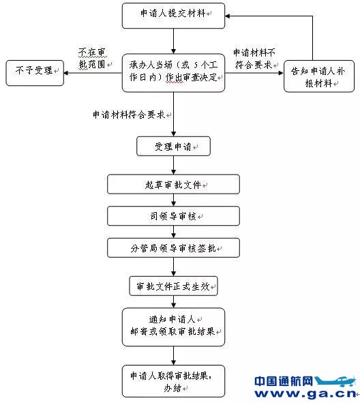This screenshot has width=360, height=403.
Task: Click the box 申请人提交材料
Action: point(173,16)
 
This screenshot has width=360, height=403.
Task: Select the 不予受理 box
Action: point(35,73)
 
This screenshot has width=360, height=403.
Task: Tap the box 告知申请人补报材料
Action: point(319,76)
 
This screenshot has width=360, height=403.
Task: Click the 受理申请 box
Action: point(173,146)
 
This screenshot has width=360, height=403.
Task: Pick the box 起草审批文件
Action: point(173,184)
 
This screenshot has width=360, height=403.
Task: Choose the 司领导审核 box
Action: point(173,216)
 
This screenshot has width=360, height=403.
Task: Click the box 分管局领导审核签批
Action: point(173,248)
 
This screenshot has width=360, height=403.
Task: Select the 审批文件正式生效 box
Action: point(173,286)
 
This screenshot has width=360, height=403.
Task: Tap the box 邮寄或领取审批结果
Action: point(173,327)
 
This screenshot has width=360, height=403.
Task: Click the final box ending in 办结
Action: point(173,381)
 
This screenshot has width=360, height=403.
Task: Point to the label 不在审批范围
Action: point(93,59)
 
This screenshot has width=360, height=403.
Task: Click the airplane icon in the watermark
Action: point(335,381)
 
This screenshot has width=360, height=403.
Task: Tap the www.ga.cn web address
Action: point(305,393)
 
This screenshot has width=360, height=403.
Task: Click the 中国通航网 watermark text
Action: point(284,381)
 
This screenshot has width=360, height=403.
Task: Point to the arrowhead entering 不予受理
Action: point(65,73)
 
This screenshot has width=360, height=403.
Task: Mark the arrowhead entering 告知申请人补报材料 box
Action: point(281,73)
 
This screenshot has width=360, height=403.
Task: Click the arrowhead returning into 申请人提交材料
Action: point(228,16)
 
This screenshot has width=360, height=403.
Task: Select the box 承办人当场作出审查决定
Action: point(173,73)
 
